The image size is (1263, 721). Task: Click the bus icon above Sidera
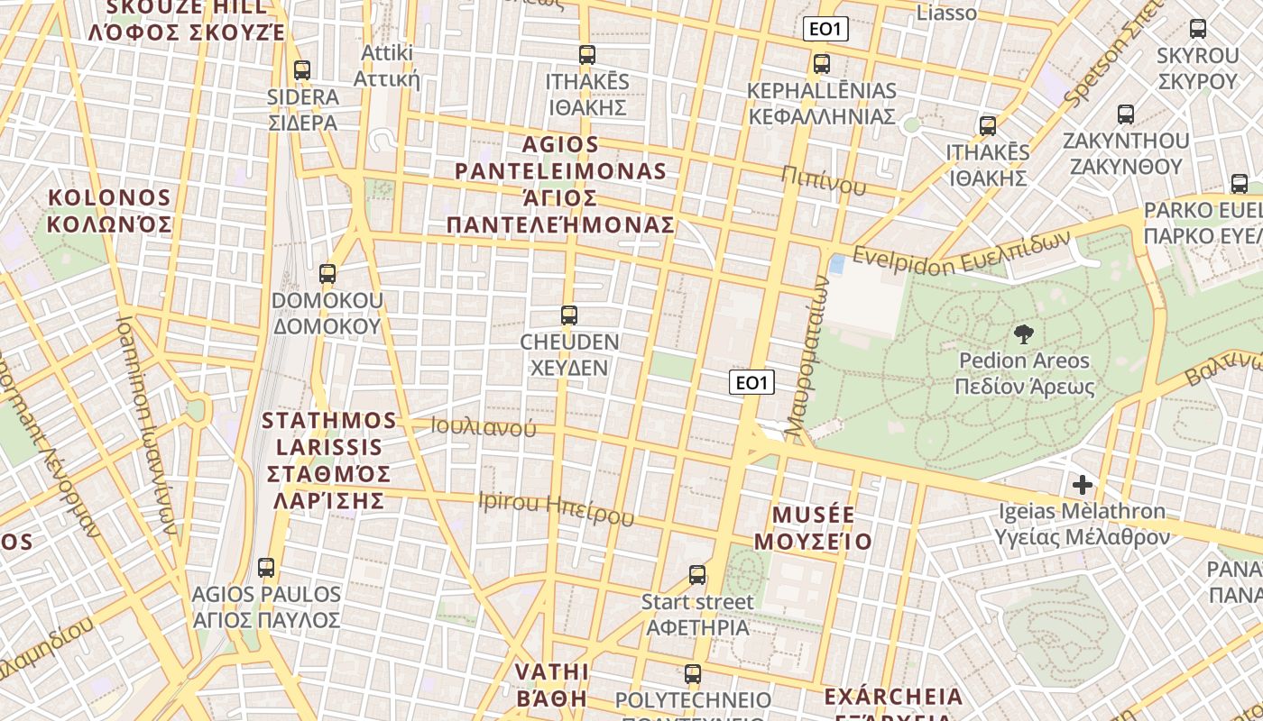pos(302,69)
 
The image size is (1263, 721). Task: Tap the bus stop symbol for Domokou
pos(327,273)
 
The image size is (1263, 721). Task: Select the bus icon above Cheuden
pos(569,315)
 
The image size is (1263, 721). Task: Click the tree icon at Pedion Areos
pos(1024,334)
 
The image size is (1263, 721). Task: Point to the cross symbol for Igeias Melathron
pos(1082,485)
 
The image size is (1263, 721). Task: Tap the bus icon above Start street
pos(697,574)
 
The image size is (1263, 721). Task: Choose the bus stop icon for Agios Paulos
pos(266,567)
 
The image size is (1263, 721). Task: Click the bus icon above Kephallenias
pos(822,64)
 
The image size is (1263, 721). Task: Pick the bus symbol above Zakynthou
pos(1126,114)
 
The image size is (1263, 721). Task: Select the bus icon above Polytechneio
pos(693,673)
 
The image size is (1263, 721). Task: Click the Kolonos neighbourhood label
pos(109,211)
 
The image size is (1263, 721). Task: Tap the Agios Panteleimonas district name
pos(561,185)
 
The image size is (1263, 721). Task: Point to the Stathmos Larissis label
pos(329,461)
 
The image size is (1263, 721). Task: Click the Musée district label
pos(813,527)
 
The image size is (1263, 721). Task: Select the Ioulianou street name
pos(484,426)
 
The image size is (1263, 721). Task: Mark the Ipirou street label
pos(557,507)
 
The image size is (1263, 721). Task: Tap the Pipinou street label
pos(824,180)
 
